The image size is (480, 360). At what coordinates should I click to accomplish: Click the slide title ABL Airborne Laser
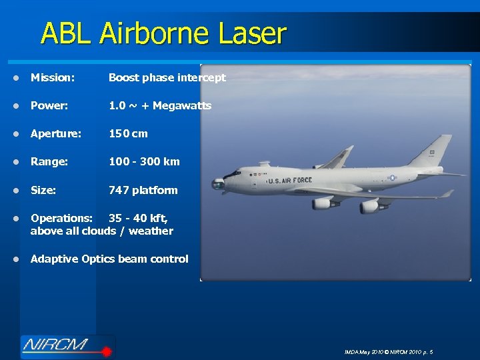[x=163, y=33]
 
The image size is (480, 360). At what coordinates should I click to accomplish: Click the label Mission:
[x=53, y=77]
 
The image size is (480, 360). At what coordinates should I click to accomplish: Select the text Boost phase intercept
[x=167, y=77]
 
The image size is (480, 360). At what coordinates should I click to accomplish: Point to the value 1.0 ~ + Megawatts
[x=160, y=105]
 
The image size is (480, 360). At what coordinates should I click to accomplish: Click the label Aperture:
[x=56, y=133]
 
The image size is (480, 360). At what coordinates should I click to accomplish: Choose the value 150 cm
[x=128, y=133]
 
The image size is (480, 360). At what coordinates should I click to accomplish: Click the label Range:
[x=49, y=161]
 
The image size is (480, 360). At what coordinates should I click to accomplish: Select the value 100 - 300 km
[x=144, y=161]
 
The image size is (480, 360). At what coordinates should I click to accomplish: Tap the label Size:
[x=43, y=190]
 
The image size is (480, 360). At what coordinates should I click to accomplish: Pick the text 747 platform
[x=143, y=190]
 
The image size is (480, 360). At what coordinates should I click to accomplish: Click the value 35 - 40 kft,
[x=138, y=218]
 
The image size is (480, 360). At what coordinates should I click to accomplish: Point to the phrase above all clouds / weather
[x=102, y=231]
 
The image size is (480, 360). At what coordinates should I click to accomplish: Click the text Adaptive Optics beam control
[x=109, y=259]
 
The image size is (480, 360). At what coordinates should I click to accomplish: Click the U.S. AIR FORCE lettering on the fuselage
[x=289, y=181]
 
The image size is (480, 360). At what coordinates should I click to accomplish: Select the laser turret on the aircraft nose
[x=217, y=184]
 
